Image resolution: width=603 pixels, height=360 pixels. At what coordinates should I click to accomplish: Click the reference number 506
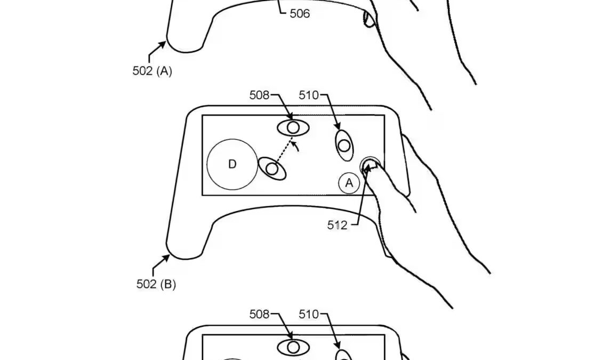(x=300, y=13)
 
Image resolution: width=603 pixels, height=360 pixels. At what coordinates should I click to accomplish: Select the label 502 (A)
(x=152, y=71)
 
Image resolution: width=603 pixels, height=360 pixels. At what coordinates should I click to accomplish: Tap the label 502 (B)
(x=156, y=284)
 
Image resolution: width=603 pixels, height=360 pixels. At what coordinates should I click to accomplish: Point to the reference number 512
(x=337, y=225)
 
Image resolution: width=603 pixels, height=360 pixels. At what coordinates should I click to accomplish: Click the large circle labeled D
(x=231, y=164)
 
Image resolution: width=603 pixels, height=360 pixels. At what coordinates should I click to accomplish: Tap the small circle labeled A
(x=349, y=183)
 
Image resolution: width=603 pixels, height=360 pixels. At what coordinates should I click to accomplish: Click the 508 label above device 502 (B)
(x=259, y=95)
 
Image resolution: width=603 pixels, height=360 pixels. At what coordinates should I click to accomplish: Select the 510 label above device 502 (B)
(x=308, y=95)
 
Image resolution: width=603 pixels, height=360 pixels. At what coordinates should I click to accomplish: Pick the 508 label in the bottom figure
(x=259, y=314)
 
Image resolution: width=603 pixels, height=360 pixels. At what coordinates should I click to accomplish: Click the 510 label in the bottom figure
(x=308, y=314)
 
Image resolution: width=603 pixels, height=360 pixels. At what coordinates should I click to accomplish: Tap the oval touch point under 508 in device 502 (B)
(x=293, y=127)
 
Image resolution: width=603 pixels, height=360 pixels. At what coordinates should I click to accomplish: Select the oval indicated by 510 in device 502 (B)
(x=344, y=145)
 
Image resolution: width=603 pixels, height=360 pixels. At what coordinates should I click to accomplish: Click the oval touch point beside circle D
(x=272, y=169)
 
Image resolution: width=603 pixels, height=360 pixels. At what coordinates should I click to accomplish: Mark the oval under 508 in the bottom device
(x=293, y=347)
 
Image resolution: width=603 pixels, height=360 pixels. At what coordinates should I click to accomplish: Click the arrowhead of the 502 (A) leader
(x=164, y=43)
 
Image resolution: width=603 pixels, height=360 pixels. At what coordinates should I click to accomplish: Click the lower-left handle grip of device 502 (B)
(x=184, y=245)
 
